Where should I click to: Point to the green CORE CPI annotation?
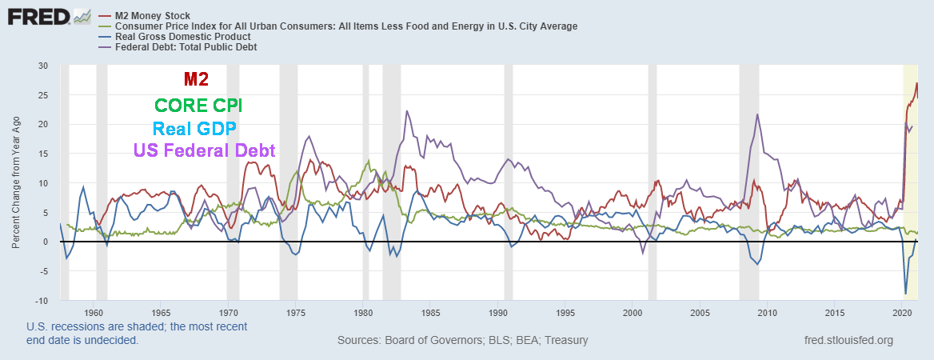tap(198, 106)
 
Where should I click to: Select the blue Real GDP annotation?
tap(194, 129)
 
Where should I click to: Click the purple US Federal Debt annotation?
tap(203, 150)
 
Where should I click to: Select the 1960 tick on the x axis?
tap(94, 312)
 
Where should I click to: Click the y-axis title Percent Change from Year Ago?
tap(15, 182)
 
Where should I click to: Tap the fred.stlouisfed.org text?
tap(848, 341)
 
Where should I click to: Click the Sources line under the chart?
tap(463, 341)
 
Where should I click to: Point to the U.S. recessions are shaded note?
tap(137, 334)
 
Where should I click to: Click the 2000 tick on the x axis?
tap(633, 312)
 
